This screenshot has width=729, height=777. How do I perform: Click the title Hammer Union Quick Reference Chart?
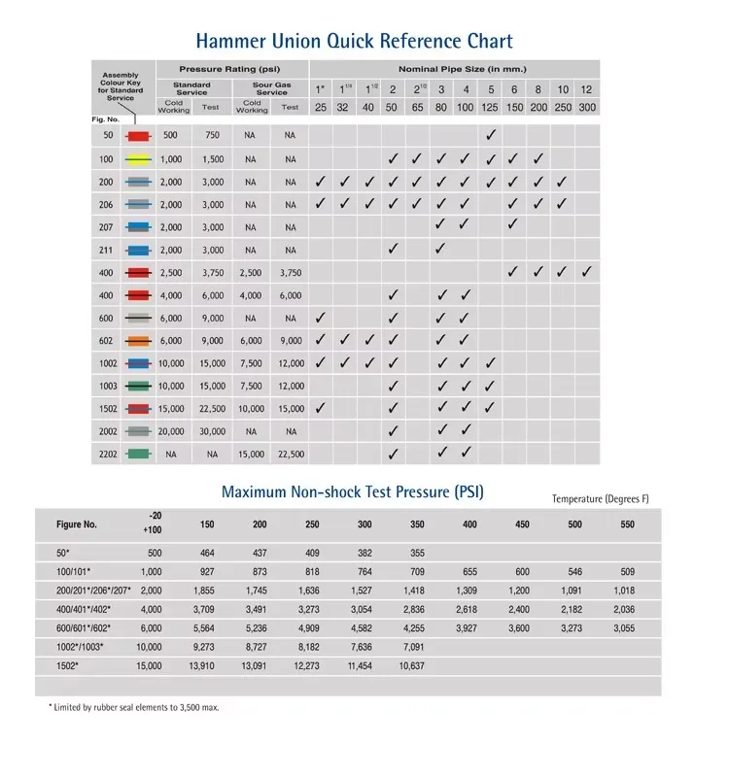354,41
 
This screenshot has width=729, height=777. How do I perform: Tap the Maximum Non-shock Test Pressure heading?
353,491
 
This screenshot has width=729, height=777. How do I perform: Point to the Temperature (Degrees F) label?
600,499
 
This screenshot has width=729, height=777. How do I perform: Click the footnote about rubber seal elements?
134,707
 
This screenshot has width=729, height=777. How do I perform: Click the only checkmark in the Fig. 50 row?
491,135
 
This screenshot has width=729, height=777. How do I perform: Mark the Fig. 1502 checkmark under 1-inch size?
320,408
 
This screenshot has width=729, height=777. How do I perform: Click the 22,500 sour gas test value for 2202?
291,454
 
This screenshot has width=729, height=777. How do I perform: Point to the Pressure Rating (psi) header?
231,70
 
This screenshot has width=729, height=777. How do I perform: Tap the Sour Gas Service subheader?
272,88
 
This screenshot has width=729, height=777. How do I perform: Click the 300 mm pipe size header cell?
587,107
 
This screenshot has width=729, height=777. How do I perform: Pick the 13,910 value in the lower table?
207,665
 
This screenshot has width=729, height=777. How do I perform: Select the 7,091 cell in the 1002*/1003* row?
417,645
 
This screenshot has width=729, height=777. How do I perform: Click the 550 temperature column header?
626,524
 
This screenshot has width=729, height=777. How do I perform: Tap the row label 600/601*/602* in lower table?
83,628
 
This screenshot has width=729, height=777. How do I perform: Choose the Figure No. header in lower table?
78,524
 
